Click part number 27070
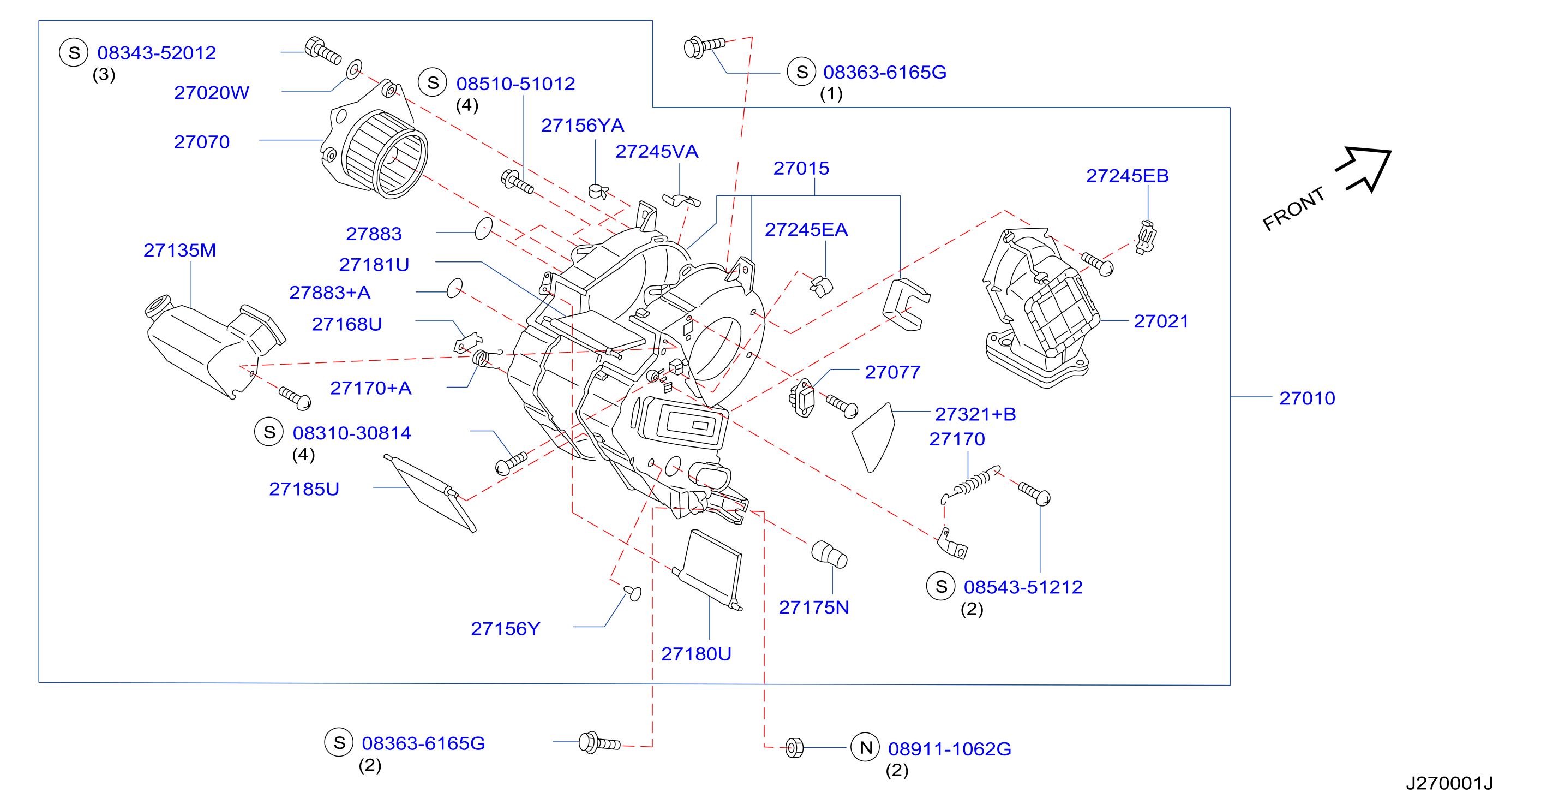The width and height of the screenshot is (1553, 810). (x=201, y=142)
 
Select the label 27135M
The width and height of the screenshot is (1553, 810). (x=179, y=251)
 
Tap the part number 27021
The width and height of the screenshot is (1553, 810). (x=1161, y=321)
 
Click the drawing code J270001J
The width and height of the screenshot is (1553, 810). (x=1449, y=783)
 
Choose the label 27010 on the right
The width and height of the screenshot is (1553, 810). (x=1307, y=398)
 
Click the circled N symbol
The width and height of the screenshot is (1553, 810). (x=865, y=747)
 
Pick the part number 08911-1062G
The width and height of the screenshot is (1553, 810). (x=950, y=748)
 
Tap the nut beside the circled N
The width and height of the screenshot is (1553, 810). (x=795, y=748)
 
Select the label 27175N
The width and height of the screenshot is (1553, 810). (x=814, y=607)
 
